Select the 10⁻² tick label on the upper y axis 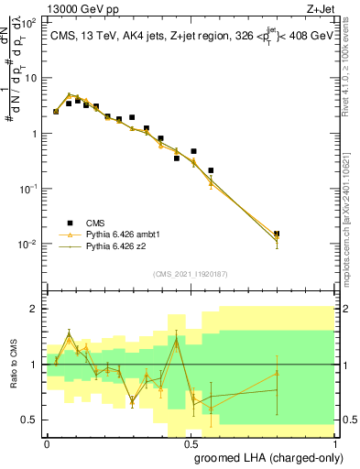29,245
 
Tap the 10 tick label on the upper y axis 31,78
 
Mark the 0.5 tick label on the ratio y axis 29,420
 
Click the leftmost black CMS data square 56,112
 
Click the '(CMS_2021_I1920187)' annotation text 190,273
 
